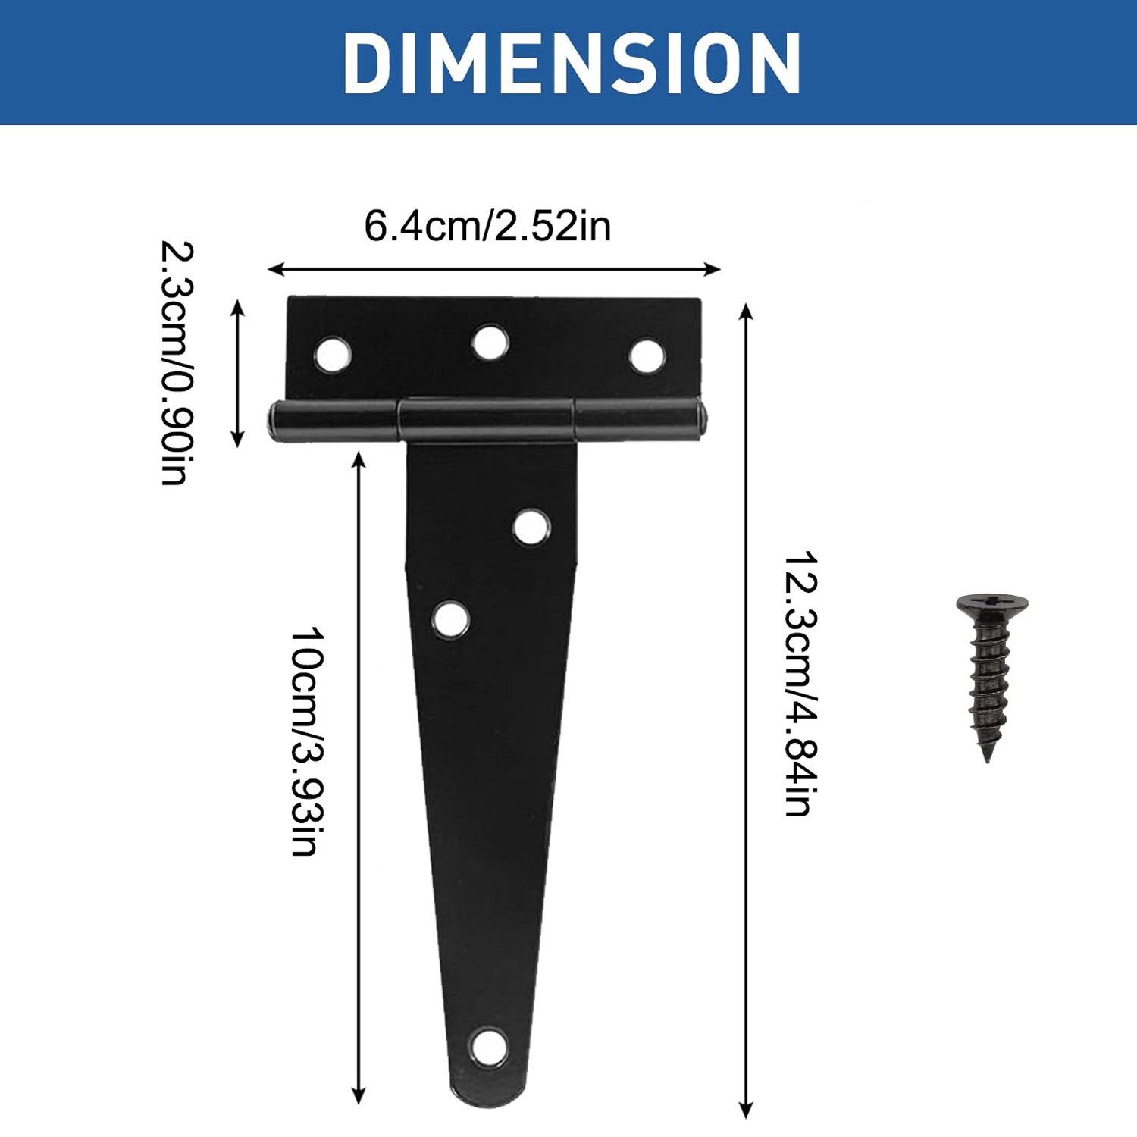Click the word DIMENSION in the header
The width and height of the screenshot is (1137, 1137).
(572, 64)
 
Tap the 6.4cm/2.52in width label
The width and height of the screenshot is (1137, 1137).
(487, 226)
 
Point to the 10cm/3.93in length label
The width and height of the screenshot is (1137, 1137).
(307, 741)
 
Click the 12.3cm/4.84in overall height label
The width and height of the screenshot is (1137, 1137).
(800, 683)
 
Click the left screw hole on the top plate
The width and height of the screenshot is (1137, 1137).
(333, 354)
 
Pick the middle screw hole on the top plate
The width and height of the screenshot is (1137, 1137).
(490, 343)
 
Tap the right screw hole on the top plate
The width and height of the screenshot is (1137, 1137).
(647, 356)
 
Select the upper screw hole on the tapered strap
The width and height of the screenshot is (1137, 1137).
(531, 527)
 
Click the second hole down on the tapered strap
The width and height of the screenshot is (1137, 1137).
(450, 619)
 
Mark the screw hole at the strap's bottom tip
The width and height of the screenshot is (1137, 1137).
(488, 1047)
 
